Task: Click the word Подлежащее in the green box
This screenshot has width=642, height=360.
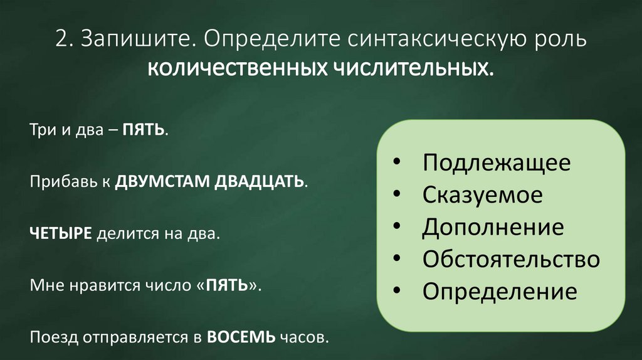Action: (x=496, y=162)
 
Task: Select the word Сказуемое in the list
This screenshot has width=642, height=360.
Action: (x=482, y=195)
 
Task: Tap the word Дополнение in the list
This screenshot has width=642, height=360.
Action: (x=492, y=227)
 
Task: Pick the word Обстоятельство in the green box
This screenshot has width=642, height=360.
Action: (x=511, y=259)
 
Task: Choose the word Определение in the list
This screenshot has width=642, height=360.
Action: (x=499, y=292)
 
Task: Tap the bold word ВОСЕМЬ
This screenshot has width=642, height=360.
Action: (x=241, y=337)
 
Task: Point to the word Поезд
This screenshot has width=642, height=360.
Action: (x=48, y=337)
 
